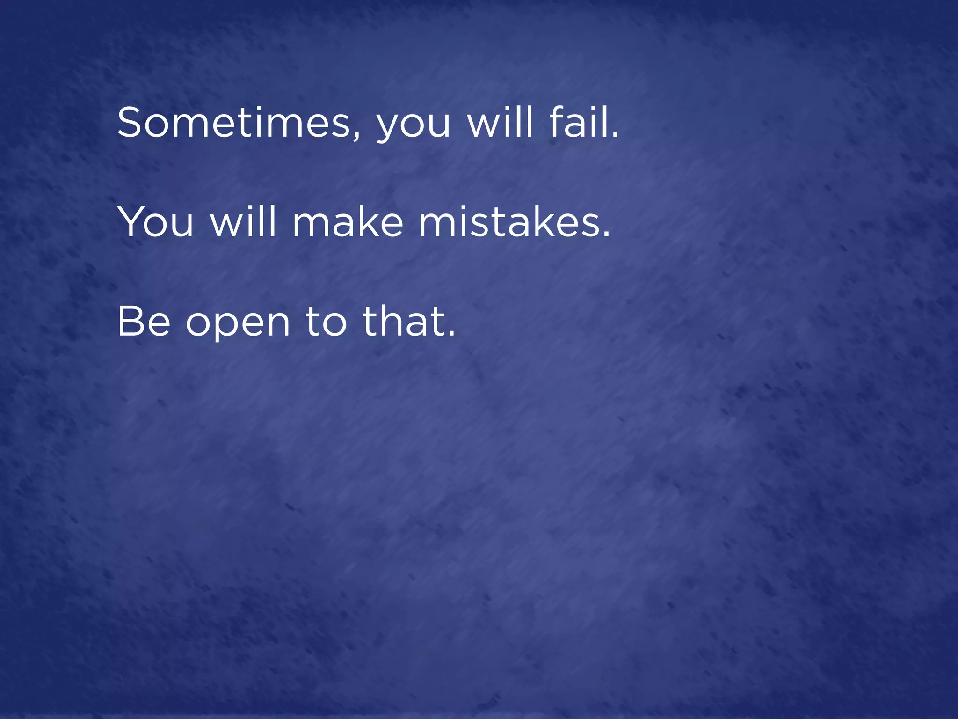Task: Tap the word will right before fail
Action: click(501, 123)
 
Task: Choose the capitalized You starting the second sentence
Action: click(155, 222)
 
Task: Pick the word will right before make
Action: click(244, 222)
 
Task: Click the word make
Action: click(348, 222)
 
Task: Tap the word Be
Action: click(144, 322)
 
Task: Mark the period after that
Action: click(451, 334)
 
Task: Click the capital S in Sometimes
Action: click(129, 123)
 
